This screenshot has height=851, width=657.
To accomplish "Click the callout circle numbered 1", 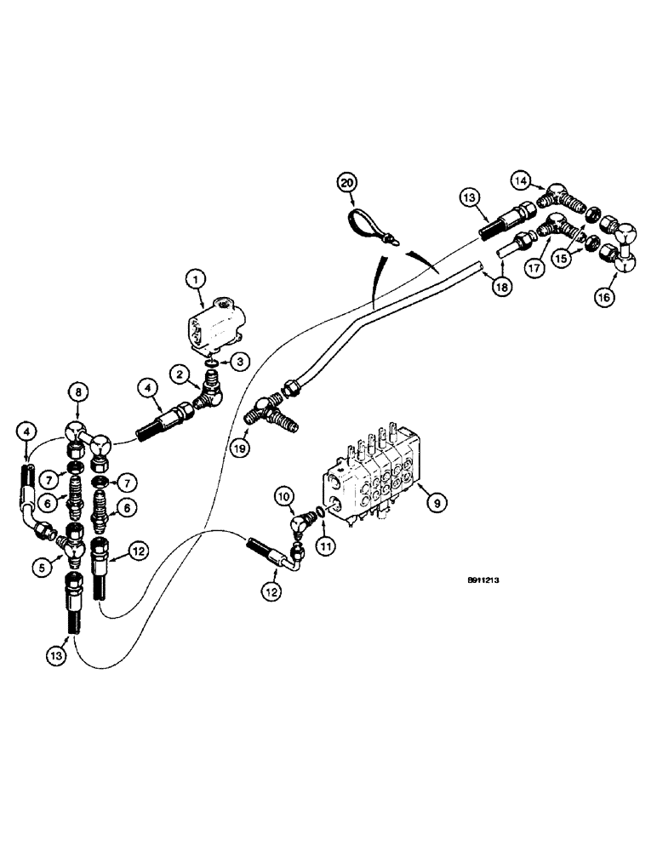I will [194, 278].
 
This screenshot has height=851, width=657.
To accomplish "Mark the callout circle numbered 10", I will [284, 494].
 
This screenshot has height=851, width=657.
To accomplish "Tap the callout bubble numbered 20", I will [347, 181].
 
